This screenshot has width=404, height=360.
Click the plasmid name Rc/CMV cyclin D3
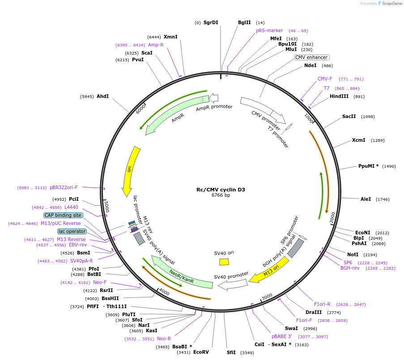221,190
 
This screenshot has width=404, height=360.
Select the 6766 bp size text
221,195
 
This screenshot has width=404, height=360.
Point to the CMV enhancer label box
312,57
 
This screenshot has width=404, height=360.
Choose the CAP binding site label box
63,215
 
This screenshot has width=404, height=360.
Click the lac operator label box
71,231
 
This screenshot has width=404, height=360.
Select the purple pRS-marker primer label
269,30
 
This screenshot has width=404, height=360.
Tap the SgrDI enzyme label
211,22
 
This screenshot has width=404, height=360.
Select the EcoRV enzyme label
201,352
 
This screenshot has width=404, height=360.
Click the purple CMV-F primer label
325,79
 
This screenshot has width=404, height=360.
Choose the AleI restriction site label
366,199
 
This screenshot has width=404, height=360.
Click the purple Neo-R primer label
164,339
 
